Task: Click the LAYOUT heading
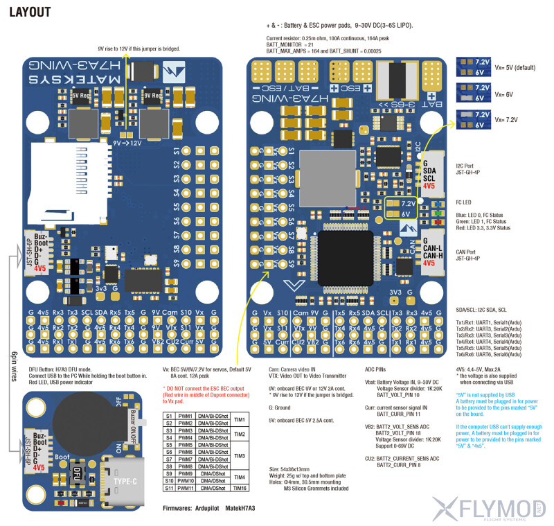(x=30, y=12)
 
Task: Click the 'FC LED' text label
(x=467, y=202)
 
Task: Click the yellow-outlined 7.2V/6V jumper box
(x=401, y=209)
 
